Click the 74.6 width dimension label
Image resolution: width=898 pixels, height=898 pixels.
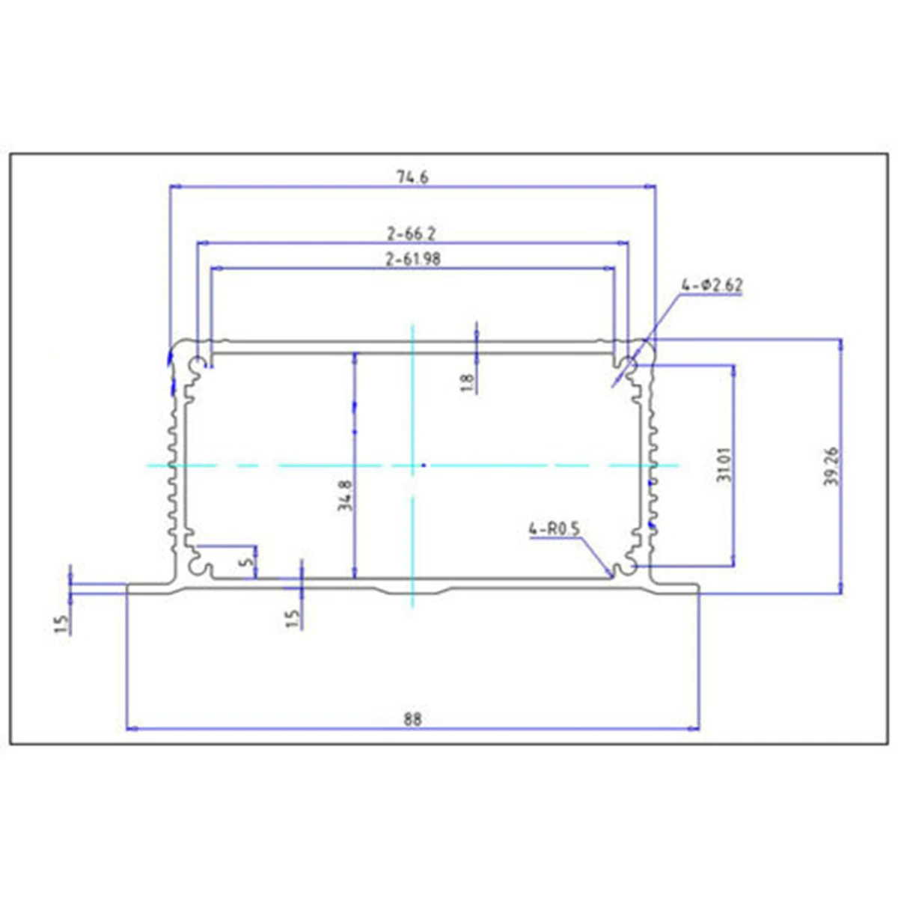pos(412,177)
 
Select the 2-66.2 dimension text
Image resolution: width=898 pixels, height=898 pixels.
pos(412,233)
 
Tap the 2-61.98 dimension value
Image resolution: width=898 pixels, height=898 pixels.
pos(412,260)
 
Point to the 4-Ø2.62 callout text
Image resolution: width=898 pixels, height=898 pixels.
pos(712,285)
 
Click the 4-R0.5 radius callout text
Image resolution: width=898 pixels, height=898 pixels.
pos(555,529)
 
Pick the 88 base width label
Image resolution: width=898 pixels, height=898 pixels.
pos(412,720)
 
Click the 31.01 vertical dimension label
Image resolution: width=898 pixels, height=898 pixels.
pos(723,465)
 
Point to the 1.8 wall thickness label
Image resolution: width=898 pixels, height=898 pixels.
pos(468,382)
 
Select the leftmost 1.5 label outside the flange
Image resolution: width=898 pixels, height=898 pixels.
pos(61,623)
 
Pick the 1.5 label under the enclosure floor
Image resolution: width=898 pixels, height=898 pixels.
pos(293,618)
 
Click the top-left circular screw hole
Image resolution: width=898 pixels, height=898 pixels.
pos(198,365)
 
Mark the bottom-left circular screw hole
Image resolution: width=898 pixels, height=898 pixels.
pos(198,569)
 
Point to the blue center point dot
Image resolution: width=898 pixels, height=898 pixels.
pos(424,465)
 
